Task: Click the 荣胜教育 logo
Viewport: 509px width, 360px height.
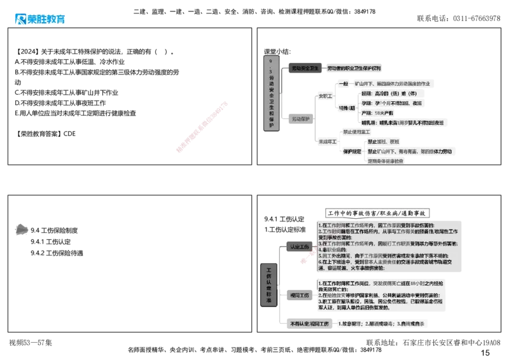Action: [39, 19]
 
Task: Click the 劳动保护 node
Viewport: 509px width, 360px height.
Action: [301, 119]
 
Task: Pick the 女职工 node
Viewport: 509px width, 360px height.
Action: [325, 97]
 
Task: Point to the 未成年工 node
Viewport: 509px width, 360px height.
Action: [327, 141]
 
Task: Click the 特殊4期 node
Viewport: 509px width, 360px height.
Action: [347, 107]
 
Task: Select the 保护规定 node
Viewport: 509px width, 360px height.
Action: [352, 152]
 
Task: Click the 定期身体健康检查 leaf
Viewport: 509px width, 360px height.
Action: [386, 162]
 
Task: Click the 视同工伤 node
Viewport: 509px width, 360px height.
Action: [298, 296]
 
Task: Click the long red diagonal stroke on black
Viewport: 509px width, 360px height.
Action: [201, 126]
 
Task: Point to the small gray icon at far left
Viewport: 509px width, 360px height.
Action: [20, 228]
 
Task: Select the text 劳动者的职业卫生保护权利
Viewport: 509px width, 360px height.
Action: [354, 67]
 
